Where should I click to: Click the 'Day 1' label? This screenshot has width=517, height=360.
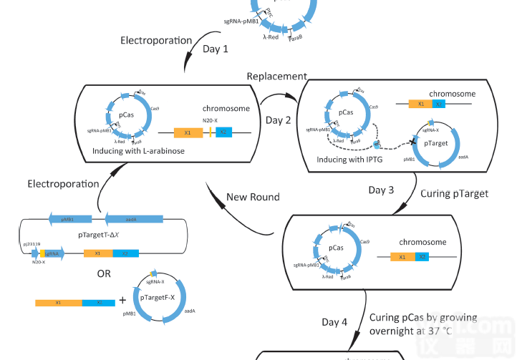click(216, 49)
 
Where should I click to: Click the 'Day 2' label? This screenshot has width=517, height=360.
click(279, 120)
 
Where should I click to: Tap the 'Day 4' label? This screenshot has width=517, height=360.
click(334, 322)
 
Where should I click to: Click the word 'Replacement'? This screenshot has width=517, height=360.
click(276, 77)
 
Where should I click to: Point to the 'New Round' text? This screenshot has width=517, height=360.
click(253, 197)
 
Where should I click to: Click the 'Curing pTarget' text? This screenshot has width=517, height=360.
click(455, 193)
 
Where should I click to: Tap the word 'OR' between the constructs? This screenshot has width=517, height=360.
click(104, 273)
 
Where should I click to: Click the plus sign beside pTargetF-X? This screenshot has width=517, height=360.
click(122, 301)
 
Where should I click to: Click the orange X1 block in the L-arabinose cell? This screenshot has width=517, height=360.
click(188, 133)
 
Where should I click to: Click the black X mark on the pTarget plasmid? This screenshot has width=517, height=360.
click(413, 142)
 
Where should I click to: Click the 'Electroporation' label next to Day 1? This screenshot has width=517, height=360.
click(155, 41)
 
